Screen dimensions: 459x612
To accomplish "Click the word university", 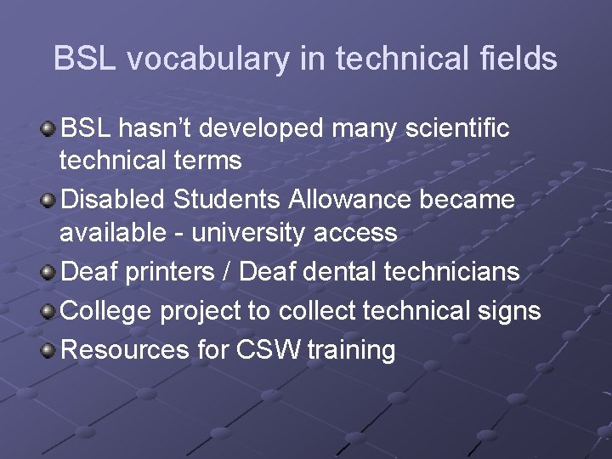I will click(x=252, y=233).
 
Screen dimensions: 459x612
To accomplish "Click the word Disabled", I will click(x=115, y=200).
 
